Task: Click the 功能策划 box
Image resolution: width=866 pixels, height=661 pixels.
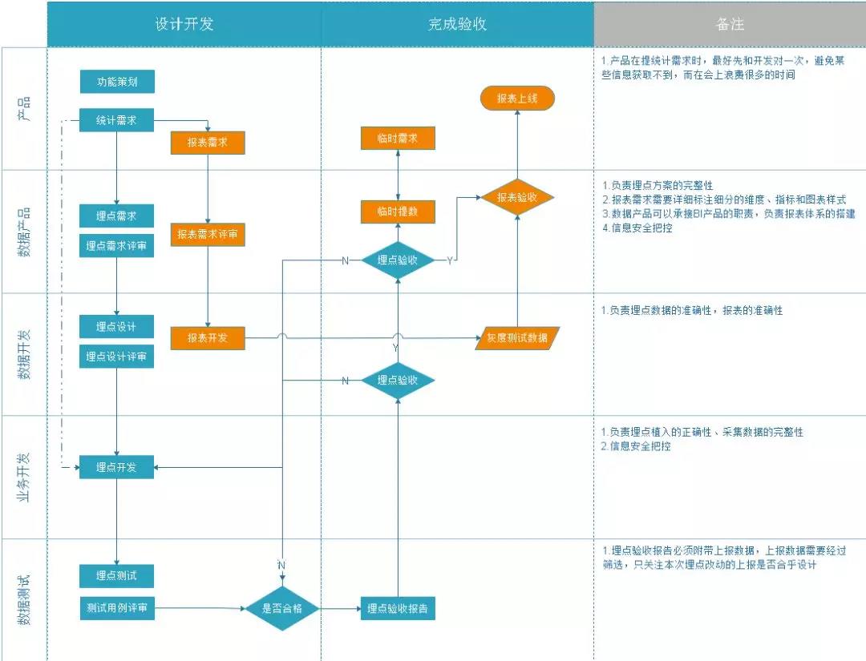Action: pos(116,82)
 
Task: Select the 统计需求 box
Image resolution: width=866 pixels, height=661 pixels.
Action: pos(116,121)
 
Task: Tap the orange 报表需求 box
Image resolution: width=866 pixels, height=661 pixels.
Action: pos(207,142)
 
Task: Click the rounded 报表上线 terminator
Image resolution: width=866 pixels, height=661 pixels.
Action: pos(517,99)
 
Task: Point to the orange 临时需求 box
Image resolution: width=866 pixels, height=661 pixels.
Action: pos(398,138)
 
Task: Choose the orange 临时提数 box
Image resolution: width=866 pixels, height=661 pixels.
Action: pos(398,212)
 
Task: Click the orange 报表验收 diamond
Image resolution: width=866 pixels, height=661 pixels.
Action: pos(516,197)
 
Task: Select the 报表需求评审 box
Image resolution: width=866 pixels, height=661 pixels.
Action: pos(207,235)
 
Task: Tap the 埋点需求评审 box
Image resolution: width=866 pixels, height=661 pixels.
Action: pos(116,247)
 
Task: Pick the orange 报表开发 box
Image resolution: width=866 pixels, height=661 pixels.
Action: pos(207,338)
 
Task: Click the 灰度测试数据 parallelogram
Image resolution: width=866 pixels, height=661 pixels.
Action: pos(517,338)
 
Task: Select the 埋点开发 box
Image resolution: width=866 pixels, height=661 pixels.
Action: pos(116,467)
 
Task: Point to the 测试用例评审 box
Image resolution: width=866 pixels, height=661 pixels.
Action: pos(116,608)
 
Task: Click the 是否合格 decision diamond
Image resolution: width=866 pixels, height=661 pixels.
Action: pos(281,609)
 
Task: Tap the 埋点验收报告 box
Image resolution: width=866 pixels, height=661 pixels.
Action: pos(398,609)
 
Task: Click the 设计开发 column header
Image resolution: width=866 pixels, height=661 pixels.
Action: pos(184,24)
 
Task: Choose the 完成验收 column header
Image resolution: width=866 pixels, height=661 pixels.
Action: pos(457,24)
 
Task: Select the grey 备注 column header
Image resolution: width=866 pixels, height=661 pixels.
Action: pos(730,24)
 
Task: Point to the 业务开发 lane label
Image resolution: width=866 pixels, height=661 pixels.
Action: pos(24,478)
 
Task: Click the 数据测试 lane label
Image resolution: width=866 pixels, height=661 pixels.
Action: pos(24,600)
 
